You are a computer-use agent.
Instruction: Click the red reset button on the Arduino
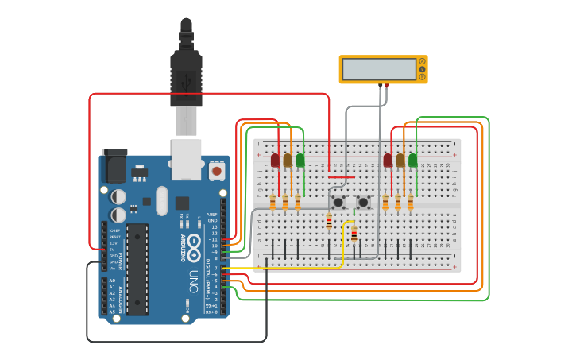pyautogui.click(x=216, y=170)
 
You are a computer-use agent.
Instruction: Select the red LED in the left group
pyautogui.click(x=275, y=161)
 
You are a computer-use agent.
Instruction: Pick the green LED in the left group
pyautogui.click(x=300, y=161)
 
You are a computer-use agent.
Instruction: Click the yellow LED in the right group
pyautogui.click(x=400, y=161)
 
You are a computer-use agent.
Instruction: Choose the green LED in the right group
pyautogui.click(x=412, y=161)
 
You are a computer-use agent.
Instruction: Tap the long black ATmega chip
pyautogui.click(x=137, y=269)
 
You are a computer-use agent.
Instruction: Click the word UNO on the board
pyautogui.click(x=194, y=281)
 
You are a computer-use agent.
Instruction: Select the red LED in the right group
pyautogui.click(x=388, y=161)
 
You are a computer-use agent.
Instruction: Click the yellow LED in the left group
pyautogui.click(x=288, y=161)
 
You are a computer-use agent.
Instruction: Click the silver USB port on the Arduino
pyautogui.click(x=187, y=159)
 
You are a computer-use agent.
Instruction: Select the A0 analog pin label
pyautogui.click(x=111, y=281)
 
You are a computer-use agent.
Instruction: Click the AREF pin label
pyautogui.click(x=212, y=215)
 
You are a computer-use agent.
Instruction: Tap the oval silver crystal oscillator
pyautogui.click(x=162, y=201)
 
